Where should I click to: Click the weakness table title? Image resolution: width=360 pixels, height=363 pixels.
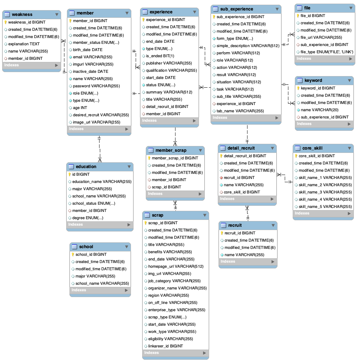[x=22, y=14]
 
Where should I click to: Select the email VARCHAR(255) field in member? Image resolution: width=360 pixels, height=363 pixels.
[x=92, y=57]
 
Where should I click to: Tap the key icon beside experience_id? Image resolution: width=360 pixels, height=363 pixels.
[x=143, y=20]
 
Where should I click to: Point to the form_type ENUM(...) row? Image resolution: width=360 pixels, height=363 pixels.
[x=234, y=38]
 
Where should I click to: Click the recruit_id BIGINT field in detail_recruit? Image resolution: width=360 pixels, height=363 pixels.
[x=239, y=178]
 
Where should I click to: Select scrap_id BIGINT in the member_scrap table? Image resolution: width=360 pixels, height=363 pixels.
[x=166, y=187]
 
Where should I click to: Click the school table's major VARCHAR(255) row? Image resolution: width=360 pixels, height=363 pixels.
[x=95, y=276]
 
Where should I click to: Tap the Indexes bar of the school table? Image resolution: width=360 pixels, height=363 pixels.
[x=99, y=290]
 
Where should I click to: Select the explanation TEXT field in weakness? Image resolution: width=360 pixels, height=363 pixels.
[x=24, y=44]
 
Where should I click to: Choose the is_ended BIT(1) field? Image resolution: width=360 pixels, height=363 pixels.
[x=160, y=56]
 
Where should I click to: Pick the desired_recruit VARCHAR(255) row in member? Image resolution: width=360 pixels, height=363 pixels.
[x=101, y=115]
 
